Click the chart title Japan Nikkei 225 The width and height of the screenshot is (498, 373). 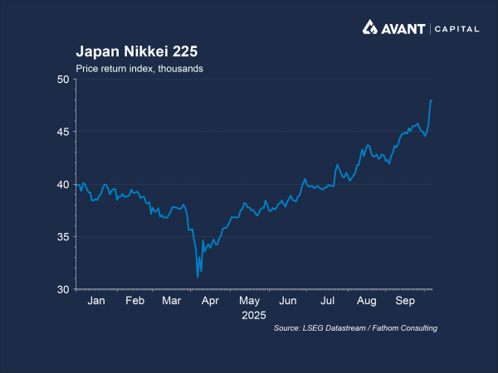pos(137,51)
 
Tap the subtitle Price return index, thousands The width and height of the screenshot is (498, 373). pos(139,68)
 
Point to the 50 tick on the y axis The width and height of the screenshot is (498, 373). pos(64,79)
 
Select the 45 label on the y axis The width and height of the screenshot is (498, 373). pos(64,132)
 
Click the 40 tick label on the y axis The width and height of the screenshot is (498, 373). pos(64,184)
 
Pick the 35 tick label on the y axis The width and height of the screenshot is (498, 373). pos(64,237)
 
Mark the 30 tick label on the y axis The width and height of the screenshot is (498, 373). pos(64,289)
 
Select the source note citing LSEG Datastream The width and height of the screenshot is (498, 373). pos(355,329)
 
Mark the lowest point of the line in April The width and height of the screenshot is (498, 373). pos(198,277)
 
